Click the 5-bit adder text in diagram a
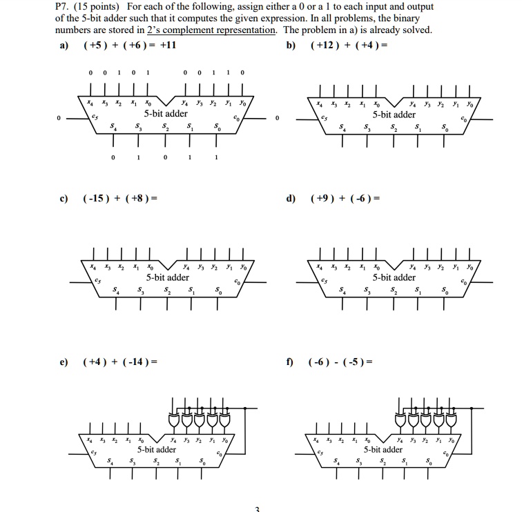point(166,114)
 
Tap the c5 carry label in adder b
point(322,118)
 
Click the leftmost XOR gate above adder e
point(173,419)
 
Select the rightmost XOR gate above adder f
point(451,419)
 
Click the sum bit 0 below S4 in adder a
point(113,157)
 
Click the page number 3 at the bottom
point(257,509)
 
